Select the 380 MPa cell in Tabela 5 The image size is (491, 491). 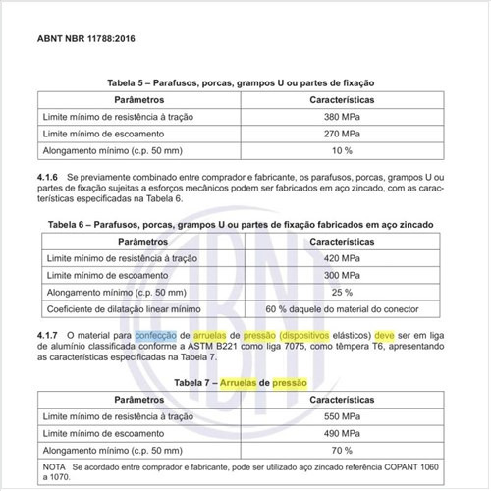pos(344,116)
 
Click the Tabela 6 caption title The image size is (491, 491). pos(245,224)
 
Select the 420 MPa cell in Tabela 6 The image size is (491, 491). pos(344,257)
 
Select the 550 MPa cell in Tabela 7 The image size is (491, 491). pos(344,416)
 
